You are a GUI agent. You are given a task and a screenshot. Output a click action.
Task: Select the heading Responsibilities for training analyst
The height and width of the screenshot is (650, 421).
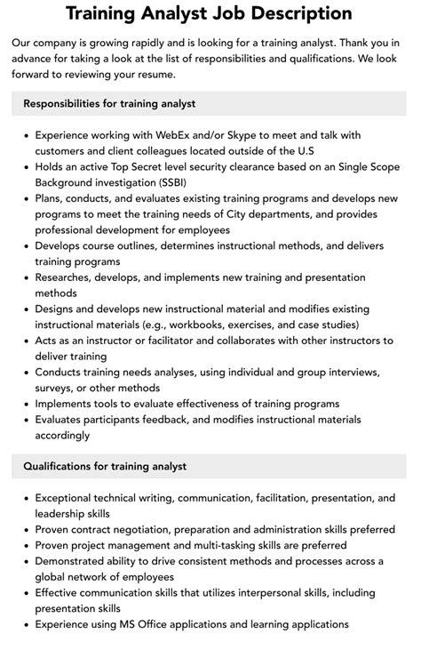110,103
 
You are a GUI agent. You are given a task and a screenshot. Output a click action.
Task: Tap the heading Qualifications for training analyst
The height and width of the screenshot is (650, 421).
105,466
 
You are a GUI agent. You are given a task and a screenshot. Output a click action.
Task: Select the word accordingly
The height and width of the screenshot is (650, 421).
63,435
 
